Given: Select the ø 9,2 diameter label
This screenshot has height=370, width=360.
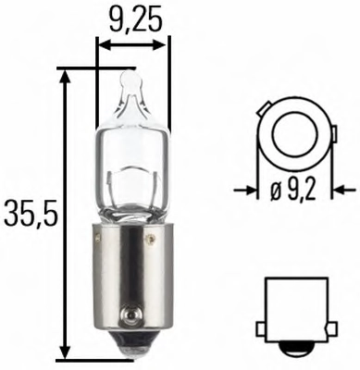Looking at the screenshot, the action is [293, 191].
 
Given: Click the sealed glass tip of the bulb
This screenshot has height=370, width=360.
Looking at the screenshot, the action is [131, 80].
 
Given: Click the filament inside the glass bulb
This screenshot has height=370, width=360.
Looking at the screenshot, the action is [132, 178].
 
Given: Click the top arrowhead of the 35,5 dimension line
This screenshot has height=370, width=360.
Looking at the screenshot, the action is [65, 78].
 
